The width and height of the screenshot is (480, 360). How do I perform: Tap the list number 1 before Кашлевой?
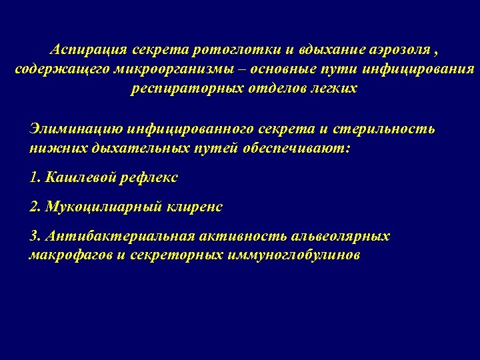pos(36,178)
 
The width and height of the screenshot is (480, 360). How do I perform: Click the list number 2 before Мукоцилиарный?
pos(36,207)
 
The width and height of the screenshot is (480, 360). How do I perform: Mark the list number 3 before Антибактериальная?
pos(36,237)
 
